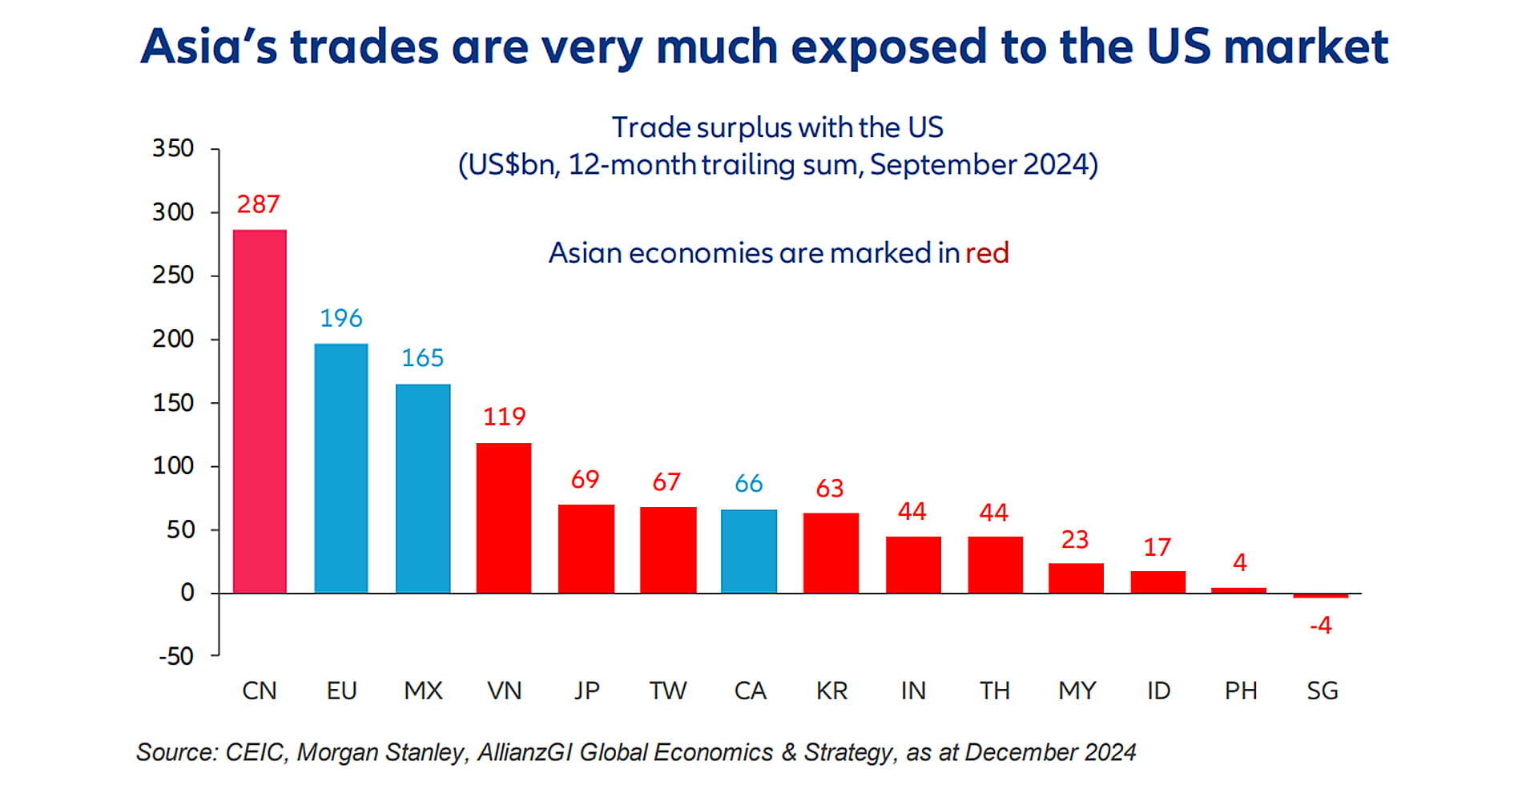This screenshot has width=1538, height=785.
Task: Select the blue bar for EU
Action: [x=341, y=469]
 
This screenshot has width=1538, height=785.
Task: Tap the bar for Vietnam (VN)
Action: [x=504, y=517]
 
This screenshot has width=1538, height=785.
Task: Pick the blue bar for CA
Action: [x=749, y=551]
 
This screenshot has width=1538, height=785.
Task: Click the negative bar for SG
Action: [x=1321, y=596]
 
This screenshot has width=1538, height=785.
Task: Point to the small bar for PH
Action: [x=1238, y=590]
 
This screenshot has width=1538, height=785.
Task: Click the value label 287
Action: [x=258, y=204]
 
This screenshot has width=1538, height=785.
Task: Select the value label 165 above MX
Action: [x=422, y=357]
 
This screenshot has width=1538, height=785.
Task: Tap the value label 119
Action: [x=504, y=417]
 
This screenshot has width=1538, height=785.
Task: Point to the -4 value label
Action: [x=1321, y=625]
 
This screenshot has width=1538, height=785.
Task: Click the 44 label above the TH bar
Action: [x=993, y=513]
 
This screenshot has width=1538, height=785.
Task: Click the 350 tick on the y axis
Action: [x=173, y=148]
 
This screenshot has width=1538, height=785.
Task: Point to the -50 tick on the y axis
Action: [x=176, y=656]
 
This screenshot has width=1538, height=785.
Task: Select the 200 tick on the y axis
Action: [x=173, y=339]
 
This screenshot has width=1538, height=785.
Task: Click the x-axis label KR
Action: [x=831, y=690]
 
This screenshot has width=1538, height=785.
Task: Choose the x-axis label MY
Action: [x=1077, y=690]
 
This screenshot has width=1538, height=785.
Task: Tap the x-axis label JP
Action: [x=586, y=690]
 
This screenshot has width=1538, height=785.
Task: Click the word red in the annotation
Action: [x=987, y=253]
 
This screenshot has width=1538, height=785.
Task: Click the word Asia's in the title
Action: [x=209, y=46]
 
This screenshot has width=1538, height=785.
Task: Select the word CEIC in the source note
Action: [x=254, y=752]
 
